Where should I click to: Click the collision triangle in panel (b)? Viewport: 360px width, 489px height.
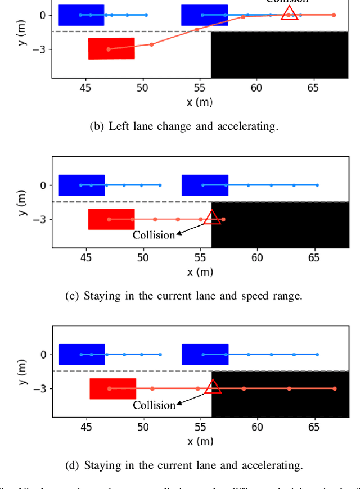(x=289, y=13)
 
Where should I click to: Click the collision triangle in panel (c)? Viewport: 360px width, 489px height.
(x=212, y=218)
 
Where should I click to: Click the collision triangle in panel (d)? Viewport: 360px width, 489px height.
(x=212, y=387)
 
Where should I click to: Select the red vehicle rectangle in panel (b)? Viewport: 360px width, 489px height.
(x=111, y=48)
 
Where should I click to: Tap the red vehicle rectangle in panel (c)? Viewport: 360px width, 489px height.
(x=111, y=219)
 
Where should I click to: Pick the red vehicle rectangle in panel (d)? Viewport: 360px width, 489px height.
(x=112, y=388)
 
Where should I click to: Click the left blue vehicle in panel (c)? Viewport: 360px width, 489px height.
(x=82, y=185)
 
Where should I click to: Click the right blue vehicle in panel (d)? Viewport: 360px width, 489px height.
(x=205, y=354)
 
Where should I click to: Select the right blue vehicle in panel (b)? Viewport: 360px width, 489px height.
(x=204, y=15)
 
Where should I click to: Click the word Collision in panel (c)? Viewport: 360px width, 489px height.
(x=154, y=235)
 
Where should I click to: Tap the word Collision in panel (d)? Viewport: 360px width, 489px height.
(x=154, y=405)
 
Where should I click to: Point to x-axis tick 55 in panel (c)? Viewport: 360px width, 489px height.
(x=200, y=257)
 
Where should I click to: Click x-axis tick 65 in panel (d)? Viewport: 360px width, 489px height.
(x=314, y=427)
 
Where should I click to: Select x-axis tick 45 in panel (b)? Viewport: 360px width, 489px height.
(x=85, y=88)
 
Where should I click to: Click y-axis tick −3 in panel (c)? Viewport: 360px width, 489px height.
(x=39, y=220)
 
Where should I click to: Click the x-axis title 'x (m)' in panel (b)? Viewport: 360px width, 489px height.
(x=200, y=102)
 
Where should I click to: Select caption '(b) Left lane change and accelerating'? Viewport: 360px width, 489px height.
(x=184, y=126)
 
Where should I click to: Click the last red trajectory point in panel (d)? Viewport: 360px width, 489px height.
(x=335, y=388)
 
